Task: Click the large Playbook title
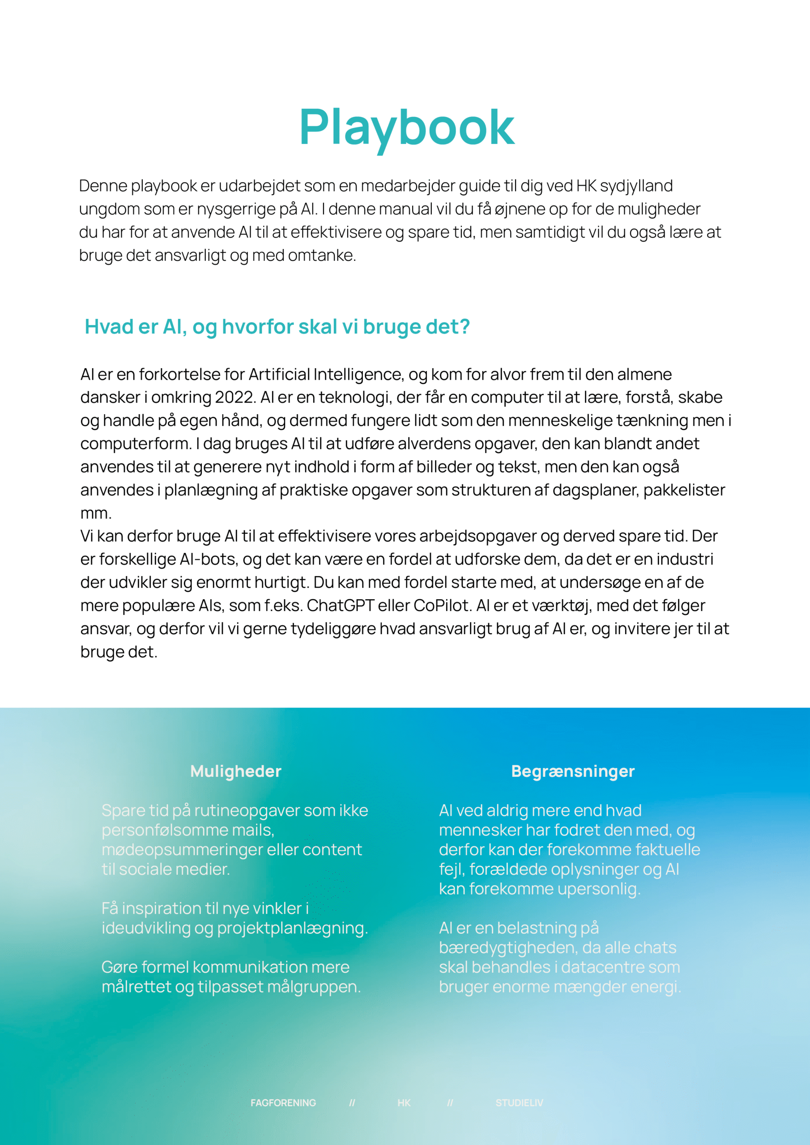coord(407,127)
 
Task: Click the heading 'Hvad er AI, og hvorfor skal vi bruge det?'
coord(277,327)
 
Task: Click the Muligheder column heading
coord(235,772)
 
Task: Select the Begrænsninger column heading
coord(572,772)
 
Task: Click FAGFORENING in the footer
coord(283,1103)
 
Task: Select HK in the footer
coord(404,1103)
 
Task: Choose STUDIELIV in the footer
coord(519,1103)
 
